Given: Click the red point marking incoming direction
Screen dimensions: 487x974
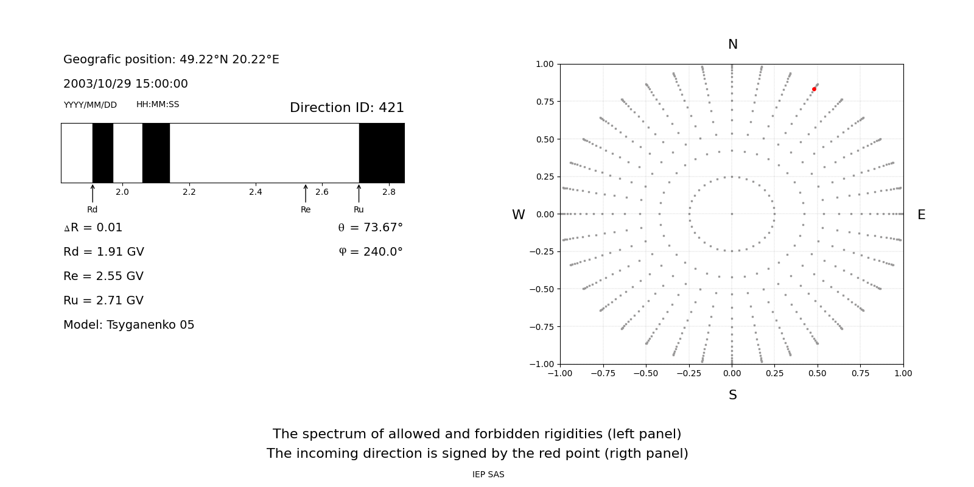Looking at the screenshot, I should click(814, 89).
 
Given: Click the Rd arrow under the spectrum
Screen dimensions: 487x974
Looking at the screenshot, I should click(93, 193).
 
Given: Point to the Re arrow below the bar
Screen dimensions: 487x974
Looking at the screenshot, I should click(306, 193).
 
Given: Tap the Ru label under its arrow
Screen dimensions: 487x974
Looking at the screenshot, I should click(359, 210).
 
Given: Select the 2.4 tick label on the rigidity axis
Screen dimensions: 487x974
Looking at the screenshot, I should click(256, 192).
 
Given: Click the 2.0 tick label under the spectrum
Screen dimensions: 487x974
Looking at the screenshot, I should click(122, 192).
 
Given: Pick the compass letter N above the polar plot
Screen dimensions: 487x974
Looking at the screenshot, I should click(733, 45).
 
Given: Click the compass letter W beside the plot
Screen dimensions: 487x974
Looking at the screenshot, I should click(519, 215).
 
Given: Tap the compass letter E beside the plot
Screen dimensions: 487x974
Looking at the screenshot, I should click(921, 215).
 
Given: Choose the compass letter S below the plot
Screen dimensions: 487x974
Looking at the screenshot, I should click(733, 396).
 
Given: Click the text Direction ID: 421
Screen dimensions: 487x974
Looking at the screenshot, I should click(347, 108).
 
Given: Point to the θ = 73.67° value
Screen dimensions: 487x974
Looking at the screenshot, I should click(370, 228).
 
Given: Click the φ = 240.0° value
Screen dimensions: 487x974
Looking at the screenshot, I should click(371, 252).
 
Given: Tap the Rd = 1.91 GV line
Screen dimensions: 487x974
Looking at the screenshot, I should click(103, 252).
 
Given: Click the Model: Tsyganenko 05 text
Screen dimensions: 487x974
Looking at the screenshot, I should click(129, 325).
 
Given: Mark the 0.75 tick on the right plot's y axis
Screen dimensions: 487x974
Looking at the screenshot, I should click(545, 102).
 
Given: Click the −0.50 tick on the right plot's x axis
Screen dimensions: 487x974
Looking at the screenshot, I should click(646, 373).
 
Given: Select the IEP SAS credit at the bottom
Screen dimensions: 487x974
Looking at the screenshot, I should click(488, 475).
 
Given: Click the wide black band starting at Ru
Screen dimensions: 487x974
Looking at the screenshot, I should click(382, 153).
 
